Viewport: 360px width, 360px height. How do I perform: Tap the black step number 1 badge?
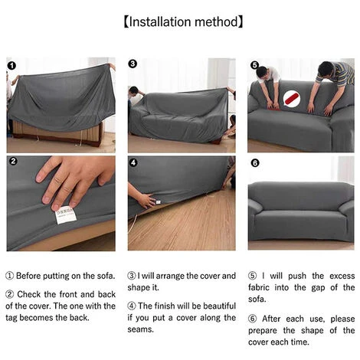11,66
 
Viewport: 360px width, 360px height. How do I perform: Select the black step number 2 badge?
13,162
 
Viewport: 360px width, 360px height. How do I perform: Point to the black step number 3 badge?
133,64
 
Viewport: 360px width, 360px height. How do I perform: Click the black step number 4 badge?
133,162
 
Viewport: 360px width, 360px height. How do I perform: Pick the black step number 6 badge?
255,163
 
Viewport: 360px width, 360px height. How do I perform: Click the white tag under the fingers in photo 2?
66,215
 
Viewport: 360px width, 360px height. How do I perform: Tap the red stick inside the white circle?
292,99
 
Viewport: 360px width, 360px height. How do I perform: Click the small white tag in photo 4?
159,202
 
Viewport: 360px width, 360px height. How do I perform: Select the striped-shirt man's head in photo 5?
326,69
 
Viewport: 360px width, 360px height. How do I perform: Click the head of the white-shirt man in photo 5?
263,73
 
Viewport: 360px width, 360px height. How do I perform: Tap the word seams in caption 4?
140,329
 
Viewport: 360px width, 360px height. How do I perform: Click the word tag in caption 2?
11,318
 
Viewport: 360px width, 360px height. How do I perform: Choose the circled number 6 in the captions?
252,319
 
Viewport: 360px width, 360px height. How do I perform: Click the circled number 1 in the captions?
9,276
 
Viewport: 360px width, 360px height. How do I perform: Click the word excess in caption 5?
342,276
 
